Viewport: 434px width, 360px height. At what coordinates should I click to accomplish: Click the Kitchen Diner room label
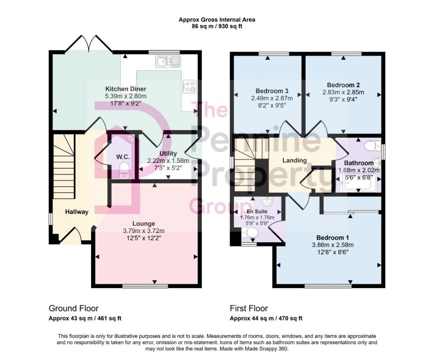(126, 89)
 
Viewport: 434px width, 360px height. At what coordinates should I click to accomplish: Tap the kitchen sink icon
(168, 62)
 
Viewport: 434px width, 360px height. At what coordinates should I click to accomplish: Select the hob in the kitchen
(189, 86)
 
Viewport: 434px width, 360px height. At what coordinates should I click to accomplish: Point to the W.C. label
(123, 157)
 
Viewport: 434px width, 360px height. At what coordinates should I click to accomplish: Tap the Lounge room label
(144, 224)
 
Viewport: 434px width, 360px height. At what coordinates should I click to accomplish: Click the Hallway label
(77, 212)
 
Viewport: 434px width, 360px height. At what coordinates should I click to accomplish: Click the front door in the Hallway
(70, 235)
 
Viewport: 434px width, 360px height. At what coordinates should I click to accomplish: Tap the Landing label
(295, 161)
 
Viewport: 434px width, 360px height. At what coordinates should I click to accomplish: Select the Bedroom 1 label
(333, 238)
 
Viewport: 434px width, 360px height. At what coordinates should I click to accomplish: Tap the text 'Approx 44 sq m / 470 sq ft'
(266, 318)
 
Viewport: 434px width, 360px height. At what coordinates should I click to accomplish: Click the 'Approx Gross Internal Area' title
(217, 19)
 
